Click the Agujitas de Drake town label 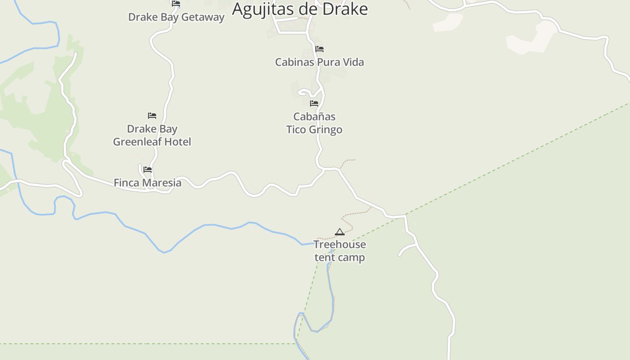tap(300, 9)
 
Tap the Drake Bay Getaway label tap(176, 17)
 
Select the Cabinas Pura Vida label tap(319, 62)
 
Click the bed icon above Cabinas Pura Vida tap(319, 49)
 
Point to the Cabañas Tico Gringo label tap(314, 123)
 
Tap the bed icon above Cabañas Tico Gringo tap(314, 103)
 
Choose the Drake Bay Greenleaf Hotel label tap(152, 135)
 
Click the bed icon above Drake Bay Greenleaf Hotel tap(152, 116)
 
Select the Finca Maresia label tap(147, 183)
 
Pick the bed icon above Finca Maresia tap(148, 170)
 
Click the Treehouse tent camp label tap(339, 251)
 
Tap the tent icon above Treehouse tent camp tap(340, 232)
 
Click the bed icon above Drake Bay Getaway tap(176, 3)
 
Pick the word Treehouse tap(339, 244)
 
